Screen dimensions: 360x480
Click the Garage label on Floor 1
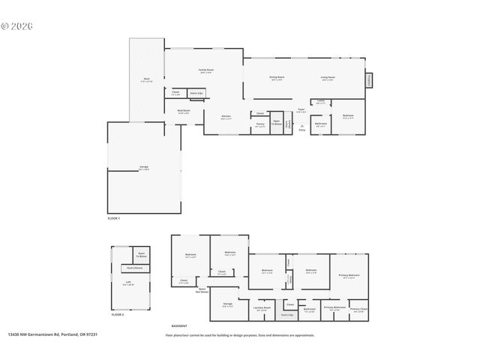pos(143,166)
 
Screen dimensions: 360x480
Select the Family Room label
pos(205,70)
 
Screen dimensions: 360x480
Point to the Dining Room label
pos(276,77)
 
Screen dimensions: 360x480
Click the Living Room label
pos(328,77)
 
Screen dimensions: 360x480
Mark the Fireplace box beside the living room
pos(369,79)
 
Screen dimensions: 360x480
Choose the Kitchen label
pos(226,116)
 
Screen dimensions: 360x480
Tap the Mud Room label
pos(184,110)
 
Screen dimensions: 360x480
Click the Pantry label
pos(260,124)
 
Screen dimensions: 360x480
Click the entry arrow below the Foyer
pos(302,126)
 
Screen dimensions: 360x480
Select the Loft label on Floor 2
pos(128,283)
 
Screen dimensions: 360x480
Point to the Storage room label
pos(227,304)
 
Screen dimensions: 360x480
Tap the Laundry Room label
pos(262,307)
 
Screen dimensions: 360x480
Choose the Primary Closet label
pos(358,308)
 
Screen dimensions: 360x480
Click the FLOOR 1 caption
pos(114,217)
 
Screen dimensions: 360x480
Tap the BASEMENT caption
pos(179,326)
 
